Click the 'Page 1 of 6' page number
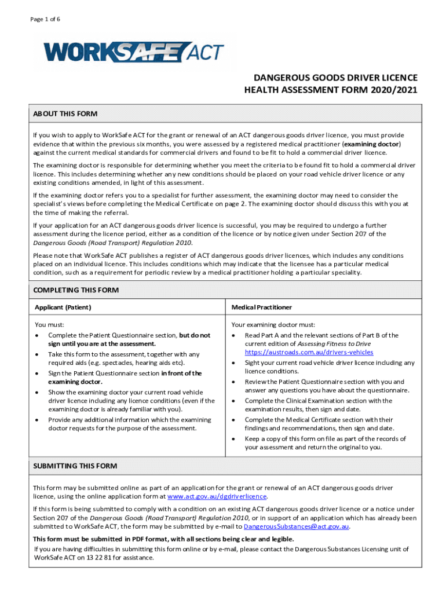[46, 19]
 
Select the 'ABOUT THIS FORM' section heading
[65, 114]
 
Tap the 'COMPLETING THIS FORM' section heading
[76, 290]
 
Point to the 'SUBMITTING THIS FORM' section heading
[75, 466]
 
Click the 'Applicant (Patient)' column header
[63, 307]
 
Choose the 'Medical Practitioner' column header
[261, 307]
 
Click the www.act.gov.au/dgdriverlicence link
[217, 497]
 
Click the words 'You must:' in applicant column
[49, 325]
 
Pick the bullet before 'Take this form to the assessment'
[38, 354]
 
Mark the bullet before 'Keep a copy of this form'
[235, 439]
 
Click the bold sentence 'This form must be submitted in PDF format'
[163, 539]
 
